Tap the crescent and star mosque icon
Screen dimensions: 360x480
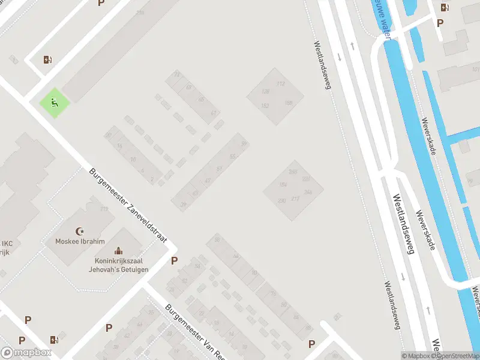[x=79, y=230]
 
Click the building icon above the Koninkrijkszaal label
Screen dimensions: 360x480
[x=118, y=250]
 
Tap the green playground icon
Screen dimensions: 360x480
[x=55, y=103]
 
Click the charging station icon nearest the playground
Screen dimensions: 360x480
[x=47, y=59]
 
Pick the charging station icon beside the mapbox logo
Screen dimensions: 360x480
[x=55, y=340]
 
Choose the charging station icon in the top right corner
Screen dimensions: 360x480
[x=444, y=8]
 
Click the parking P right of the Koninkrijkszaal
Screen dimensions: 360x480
[x=175, y=260]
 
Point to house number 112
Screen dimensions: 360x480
[x=280, y=84]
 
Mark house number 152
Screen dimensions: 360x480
[x=265, y=106]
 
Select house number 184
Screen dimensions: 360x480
[x=283, y=184]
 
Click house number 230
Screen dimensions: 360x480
[x=281, y=200]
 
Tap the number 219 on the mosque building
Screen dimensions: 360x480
[x=104, y=209]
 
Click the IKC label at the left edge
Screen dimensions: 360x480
[x=7, y=244]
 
